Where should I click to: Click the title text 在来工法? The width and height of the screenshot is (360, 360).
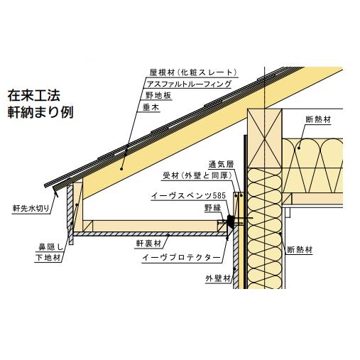[x=34, y=95]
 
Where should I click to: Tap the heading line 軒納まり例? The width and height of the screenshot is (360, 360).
[x=40, y=112]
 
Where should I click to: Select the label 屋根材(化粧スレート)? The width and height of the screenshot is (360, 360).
[x=193, y=72]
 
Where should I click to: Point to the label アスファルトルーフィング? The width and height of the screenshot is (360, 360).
[x=189, y=84]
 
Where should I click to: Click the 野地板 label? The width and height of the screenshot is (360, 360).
[x=158, y=96]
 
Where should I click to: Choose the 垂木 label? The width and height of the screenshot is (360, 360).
[x=151, y=108]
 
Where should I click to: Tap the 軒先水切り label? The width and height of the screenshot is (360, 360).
[x=31, y=209]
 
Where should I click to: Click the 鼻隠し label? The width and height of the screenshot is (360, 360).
[x=50, y=248]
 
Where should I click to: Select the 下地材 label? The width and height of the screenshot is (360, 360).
[x=48, y=258]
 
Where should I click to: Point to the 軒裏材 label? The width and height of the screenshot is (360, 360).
[x=148, y=244]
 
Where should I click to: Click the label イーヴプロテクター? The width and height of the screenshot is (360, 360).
[x=181, y=258]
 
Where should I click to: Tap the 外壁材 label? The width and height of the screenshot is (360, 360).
[x=218, y=278]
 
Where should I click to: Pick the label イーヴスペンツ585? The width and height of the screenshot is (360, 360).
[x=188, y=196]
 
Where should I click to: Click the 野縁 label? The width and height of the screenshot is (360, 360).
[x=212, y=208]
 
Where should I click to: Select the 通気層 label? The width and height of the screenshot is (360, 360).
[x=221, y=164]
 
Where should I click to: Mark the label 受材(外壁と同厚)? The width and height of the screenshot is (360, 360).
[x=197, y=176]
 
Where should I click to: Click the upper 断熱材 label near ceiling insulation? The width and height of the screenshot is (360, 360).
[x=318, y=119]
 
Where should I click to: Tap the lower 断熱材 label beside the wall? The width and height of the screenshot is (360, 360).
[x=300, y=250]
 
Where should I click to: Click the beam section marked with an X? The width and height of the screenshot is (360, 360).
[x=265, y=138]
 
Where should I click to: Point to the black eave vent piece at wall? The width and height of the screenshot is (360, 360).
[x=230, y=222]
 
